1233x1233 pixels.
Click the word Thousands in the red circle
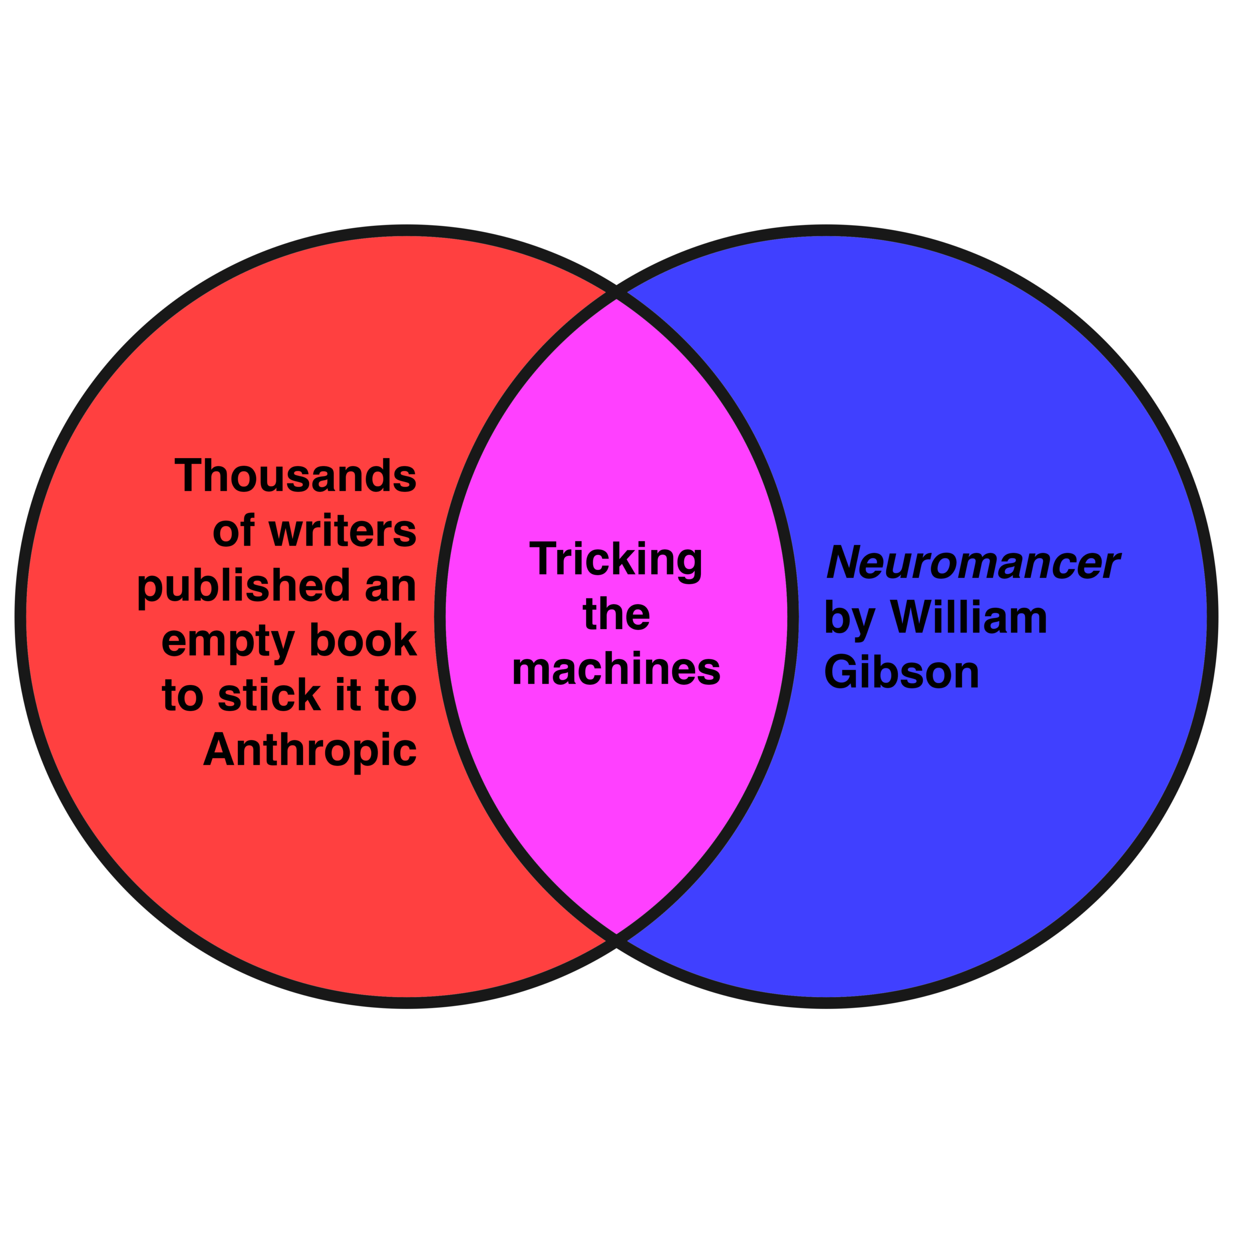point(295,475)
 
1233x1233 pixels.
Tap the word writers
point(342,530)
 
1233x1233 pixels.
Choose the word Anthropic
point(310,750)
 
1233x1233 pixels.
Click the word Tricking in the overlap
point(616,560)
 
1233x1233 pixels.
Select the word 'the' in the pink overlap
point(616,614)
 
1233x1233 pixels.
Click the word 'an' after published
point(390,586)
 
